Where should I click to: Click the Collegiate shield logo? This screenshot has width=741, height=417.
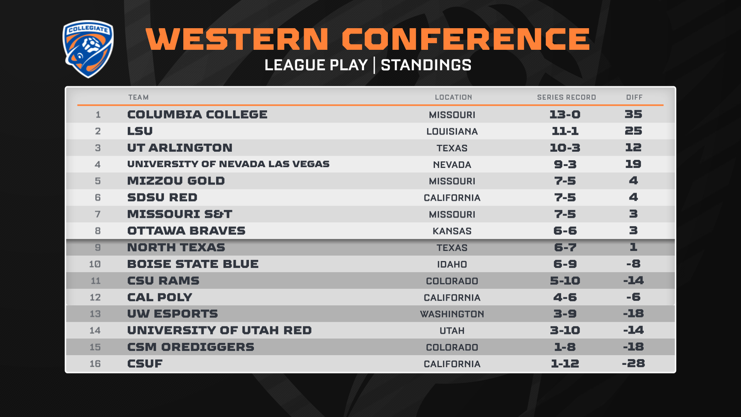click(88, 49)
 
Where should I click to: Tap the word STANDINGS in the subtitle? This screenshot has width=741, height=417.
click(426, 65)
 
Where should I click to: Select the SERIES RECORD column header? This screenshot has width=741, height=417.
click(567, 97)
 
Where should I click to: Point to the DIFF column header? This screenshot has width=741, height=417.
click(634, 97)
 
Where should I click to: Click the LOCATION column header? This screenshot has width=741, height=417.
click(453, 97)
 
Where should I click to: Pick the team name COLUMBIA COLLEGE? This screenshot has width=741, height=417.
click(197, 114)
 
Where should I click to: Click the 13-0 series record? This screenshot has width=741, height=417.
click(565, 114)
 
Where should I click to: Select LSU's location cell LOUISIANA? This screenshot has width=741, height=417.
click(452, 131)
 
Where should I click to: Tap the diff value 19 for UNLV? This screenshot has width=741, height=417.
click(633, 164)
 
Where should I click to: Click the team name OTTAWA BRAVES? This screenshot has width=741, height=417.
click(186, 231)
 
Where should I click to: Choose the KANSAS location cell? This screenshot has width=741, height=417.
click(452, 231)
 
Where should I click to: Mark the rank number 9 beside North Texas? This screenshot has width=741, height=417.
click(98, 247)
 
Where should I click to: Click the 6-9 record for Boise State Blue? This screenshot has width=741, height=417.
click(565, 264)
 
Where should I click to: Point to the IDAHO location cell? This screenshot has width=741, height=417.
click(452, 264)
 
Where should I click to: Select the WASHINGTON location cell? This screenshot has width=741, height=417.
click(452, 314)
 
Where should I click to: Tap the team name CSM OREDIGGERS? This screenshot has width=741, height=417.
click(191, 347)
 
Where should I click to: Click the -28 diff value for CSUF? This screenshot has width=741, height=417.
click(633, 363)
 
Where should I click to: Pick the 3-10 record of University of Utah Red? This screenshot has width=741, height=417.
click(565, 330)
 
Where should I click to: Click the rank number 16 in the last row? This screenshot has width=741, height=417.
click(95, 364)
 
